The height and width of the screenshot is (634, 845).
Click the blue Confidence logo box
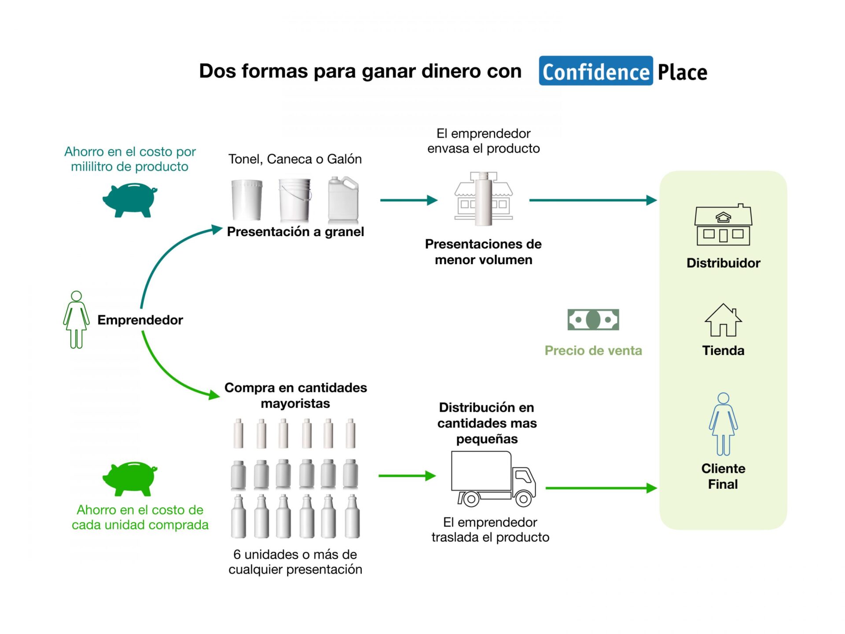tap(595, 71)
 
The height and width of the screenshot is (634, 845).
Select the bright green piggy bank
tap(129, 478)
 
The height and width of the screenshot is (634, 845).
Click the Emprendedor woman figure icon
tap(76, 320)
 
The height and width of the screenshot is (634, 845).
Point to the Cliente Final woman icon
tap(723, 424)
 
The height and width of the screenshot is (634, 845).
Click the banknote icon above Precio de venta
tap(593, 320)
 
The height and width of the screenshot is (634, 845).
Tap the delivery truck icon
tap(493, 479)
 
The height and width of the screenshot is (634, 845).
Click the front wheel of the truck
tap(523, 499)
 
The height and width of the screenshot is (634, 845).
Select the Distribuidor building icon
tap(723, 225)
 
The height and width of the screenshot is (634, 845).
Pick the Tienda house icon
tap(723, 320)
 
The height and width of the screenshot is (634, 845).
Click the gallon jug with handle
tap(343, 199)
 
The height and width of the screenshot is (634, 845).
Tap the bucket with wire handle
tap(295, 199)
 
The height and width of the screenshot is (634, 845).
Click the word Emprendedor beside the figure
tap(140, 320)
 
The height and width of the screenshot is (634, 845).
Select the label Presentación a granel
tap(295, 232)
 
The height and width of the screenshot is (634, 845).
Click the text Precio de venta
tap(593, 350)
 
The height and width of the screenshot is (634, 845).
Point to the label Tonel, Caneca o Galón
tap(295, 159)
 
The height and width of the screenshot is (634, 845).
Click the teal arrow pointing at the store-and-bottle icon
tap(408, 200)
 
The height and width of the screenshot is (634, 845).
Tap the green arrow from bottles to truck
tap(407, 476)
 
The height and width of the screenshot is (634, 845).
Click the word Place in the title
tap(682, 72)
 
